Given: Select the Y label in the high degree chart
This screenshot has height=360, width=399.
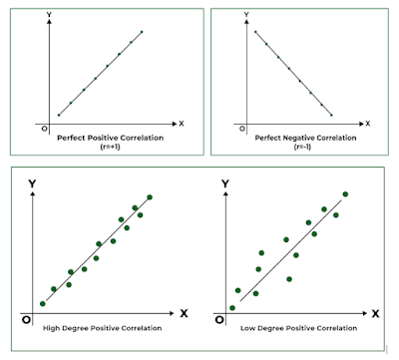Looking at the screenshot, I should (x=33, y=183).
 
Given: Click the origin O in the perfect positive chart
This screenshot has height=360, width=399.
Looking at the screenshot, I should (x=43, y=129).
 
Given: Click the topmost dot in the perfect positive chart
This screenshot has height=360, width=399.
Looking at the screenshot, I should (x=142, y=32).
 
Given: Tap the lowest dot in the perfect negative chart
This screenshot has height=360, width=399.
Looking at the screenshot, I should (x=333, y=113).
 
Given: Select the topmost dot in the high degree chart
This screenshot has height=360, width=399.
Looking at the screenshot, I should (x=150, y=196).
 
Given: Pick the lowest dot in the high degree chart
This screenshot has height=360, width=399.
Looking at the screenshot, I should (x=42, y=303).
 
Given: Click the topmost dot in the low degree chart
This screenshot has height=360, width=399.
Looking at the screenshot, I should (x=345, y=194).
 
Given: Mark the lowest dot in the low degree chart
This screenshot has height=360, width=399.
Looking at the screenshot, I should (x=232, y=307).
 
